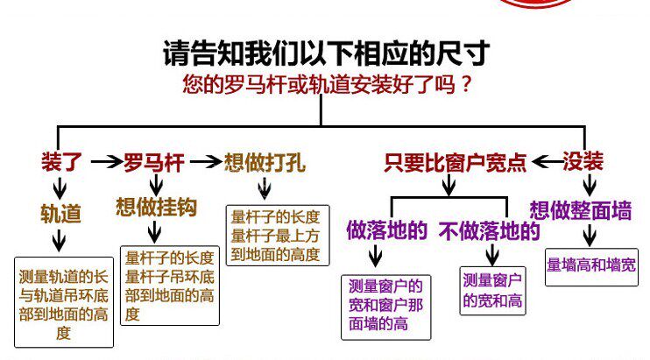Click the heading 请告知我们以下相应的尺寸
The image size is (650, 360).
(324, 53)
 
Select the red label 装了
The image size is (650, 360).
(60, 162)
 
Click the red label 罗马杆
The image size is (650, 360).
(153, 162)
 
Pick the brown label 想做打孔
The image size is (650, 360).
(265, 162)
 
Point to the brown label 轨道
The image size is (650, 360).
(60, 214)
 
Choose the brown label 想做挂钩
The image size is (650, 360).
(156, 208)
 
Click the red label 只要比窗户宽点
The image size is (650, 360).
(456, 162)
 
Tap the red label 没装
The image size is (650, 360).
(583, 162)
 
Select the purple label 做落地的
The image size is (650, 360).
(386, 230)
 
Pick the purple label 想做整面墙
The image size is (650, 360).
(580, 210)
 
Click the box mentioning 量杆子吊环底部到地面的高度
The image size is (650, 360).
(169, 286)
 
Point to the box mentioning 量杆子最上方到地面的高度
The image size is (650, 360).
(275, 236)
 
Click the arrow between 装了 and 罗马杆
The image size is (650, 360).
(105, 162)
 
